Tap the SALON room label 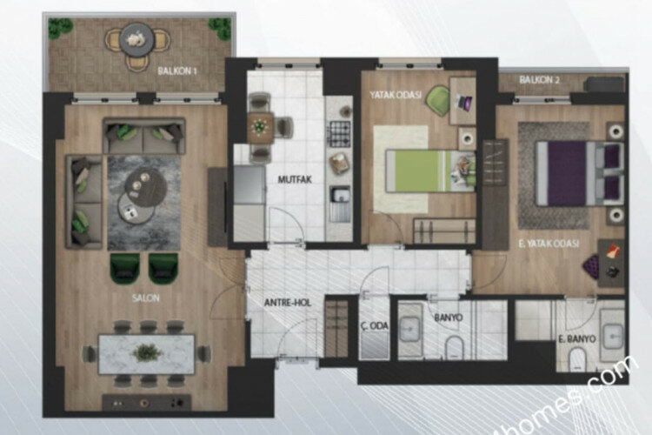147,298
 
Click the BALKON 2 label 538,80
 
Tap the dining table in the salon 146,353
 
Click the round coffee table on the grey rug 139,182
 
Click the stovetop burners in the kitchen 338,133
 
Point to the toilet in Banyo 454,349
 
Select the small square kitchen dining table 258,128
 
